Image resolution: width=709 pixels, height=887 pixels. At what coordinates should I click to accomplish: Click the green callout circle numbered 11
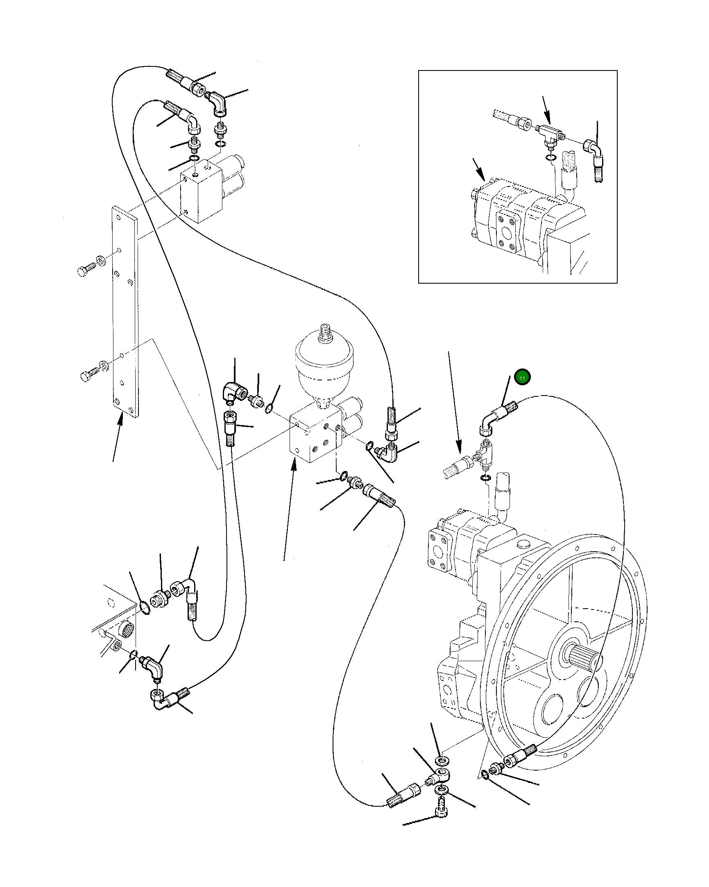pyautogui.click(x=522, y=378)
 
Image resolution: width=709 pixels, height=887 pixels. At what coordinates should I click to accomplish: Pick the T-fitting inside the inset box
pyautogui.click(x=549, y=134)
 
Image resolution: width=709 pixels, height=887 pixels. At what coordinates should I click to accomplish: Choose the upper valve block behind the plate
pyautogui.click(x=202, y=193)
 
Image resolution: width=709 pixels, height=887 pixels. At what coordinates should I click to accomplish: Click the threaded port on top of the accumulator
pyautogui.click(x=325, y=332)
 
